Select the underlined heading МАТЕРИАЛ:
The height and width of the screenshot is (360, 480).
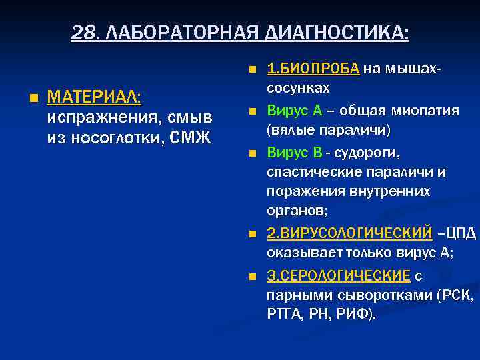94,97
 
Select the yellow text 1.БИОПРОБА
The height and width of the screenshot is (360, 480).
313,68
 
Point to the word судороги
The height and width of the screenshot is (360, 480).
366,153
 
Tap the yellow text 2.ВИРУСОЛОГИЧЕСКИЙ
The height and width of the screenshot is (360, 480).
350,233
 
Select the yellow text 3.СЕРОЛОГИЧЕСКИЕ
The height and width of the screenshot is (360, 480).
339,275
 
